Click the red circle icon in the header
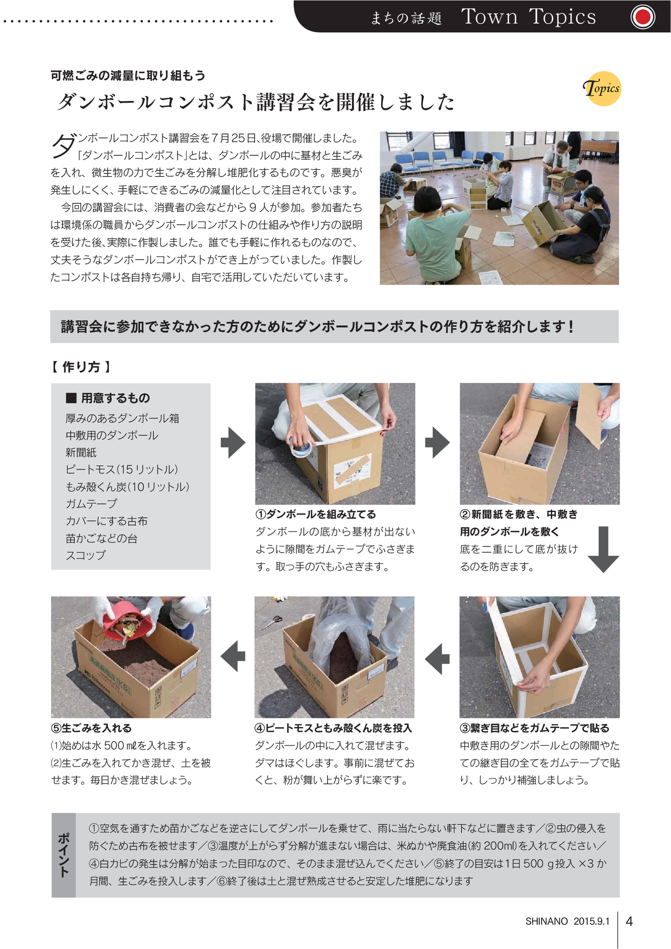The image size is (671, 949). coord(643,18)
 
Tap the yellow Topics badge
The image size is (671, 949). coord(602,89)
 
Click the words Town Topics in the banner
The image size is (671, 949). coord(529,17)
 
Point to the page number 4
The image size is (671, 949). coord(629,921)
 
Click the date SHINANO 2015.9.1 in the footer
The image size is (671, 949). coord(567,921)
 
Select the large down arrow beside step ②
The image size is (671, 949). coord(603,550)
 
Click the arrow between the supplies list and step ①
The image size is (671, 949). coord(233,443)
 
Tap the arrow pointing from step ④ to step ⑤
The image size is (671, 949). coord(233,656)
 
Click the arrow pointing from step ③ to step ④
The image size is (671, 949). coord(437,658)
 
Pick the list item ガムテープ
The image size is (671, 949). coord(91,504)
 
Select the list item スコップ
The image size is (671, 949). coord(86,555)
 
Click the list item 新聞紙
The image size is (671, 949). coord(81,452)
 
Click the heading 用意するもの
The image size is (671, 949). coord(109,398)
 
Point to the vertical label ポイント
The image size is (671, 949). coord(64,855)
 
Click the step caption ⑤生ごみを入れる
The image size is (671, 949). coord(91,728)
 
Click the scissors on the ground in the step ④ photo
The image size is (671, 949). coord(271,622)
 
